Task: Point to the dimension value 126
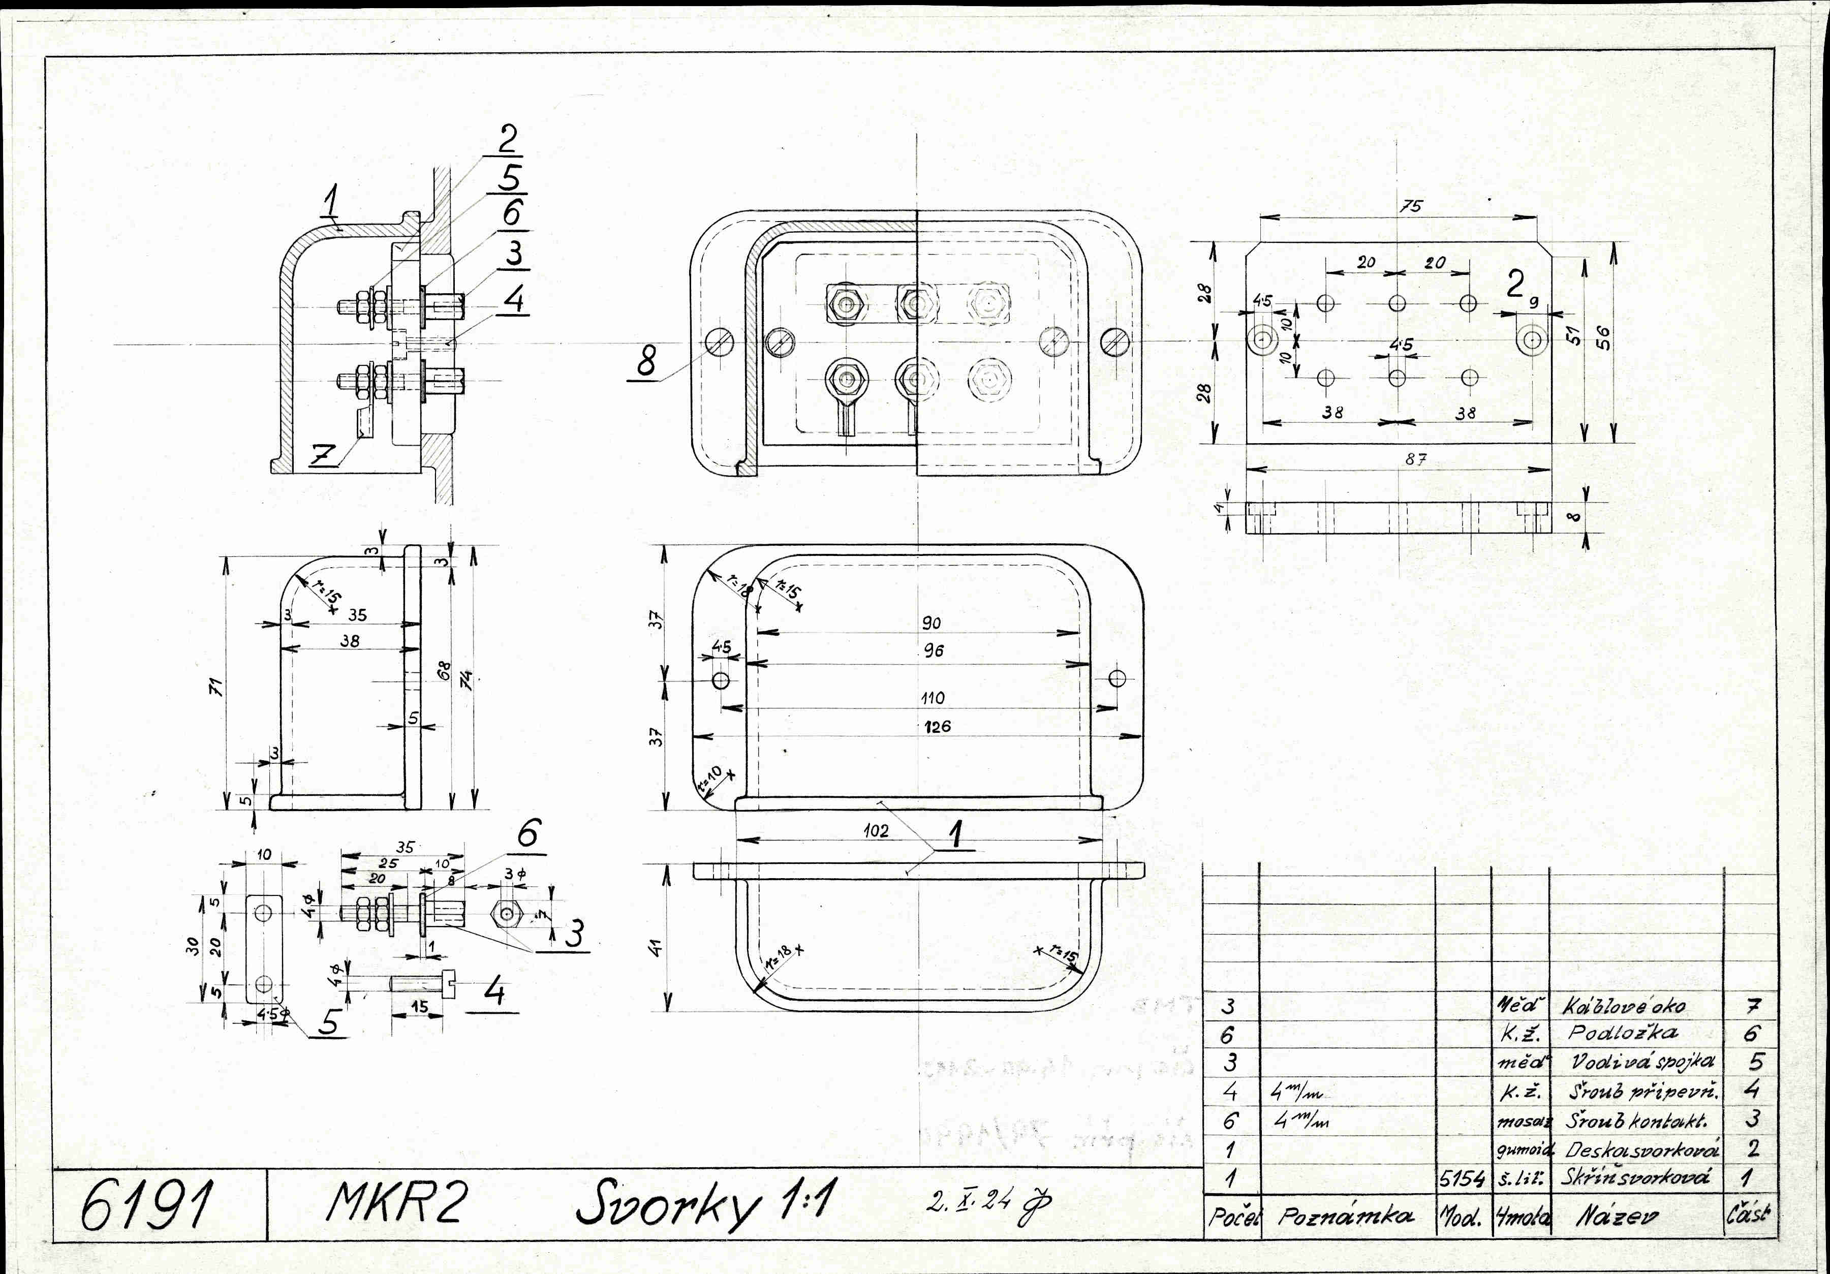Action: point(937,726)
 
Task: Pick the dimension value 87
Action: point(1415,460)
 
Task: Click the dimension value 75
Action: point(1411,206)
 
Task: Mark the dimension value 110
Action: point(933,698)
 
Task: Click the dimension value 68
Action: point(445,670)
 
